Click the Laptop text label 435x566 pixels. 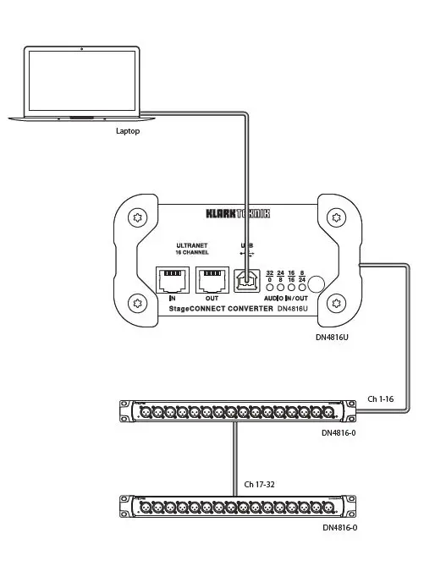pyautogui.click(x=128, y=131)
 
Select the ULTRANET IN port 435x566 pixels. pyautogui.click(x=173, y=280)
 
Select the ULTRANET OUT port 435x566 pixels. pyautogui.click(x=212, y=280)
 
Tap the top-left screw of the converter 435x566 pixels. pyautogui.click(x=137, y=218)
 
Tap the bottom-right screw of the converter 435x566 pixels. pyautogui.click(x=338, y=303)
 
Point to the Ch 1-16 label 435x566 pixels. pyautogui.click(x=381, y=398)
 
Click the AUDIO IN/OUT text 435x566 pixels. pyautogui.click(x=285, y=299)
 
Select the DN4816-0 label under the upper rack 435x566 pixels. pyautogui.click(x=339, y=432)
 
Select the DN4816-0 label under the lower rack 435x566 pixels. pyautogui.click(x=339, y=527)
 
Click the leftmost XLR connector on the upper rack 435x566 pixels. pyautogui.click(x=145, y=412)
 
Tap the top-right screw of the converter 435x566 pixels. pyautogui.click(x=338, y=218)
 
